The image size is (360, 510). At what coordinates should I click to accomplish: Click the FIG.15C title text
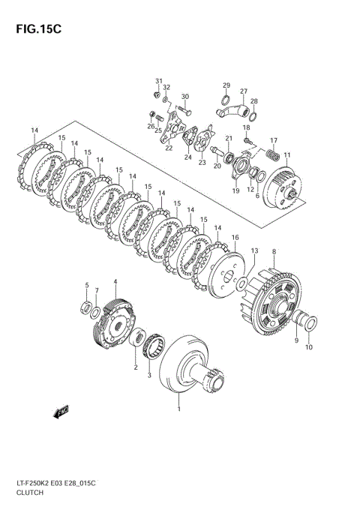coord(34,31)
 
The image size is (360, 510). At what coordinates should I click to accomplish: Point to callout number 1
coord(178,409)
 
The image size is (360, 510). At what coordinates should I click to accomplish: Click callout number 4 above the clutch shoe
coord(115,282)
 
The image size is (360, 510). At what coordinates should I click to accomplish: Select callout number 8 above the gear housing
coord(274,251)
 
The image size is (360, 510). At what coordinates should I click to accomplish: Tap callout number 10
coord(309,346)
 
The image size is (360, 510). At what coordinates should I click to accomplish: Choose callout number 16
coord(235,238)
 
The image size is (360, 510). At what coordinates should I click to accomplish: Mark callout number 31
coord(158,81)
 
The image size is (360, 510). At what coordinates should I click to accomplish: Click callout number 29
coord(226,85)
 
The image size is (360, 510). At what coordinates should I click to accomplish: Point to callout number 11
coord(287,154)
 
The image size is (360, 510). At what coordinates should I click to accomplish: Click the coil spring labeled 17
coord(274,155)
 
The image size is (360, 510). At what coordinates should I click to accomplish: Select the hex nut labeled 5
coord(87,306)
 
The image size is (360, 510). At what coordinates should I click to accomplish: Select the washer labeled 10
coord(308,323)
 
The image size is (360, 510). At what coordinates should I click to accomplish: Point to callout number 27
coord(243,91)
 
